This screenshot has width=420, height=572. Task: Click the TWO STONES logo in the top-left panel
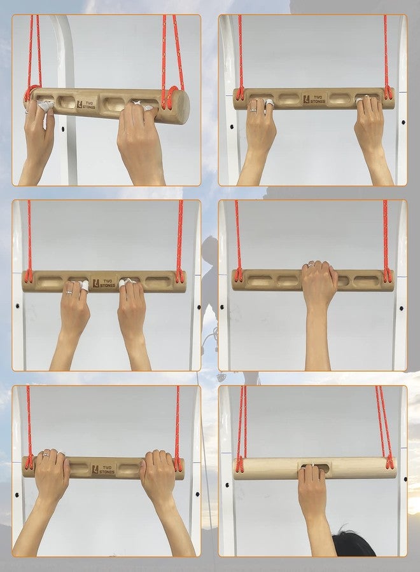(x=86, y=104)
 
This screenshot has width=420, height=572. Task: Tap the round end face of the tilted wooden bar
(x=180, y=107)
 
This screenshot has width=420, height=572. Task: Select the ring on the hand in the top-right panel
(x=253, y=109)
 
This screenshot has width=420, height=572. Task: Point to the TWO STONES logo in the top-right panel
(x=313, y=99)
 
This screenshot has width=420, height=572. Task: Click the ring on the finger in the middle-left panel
(x=69, y=292)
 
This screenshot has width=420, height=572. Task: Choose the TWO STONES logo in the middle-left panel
(x=103, y=283)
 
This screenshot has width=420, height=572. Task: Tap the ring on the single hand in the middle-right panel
(x=311, y=264)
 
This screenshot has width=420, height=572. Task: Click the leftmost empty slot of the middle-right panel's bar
(x=260, y=281)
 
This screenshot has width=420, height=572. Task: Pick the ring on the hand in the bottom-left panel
(x=46, y=454)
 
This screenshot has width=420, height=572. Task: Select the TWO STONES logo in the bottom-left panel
(x=102, y=470)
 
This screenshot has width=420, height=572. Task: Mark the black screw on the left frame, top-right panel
(x=232, y=127)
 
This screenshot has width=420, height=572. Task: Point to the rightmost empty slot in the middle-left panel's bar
(x=157, y=282)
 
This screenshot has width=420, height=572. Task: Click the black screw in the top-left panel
(x=63, y=129)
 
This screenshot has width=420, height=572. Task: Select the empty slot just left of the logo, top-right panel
(x=288, y=99)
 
